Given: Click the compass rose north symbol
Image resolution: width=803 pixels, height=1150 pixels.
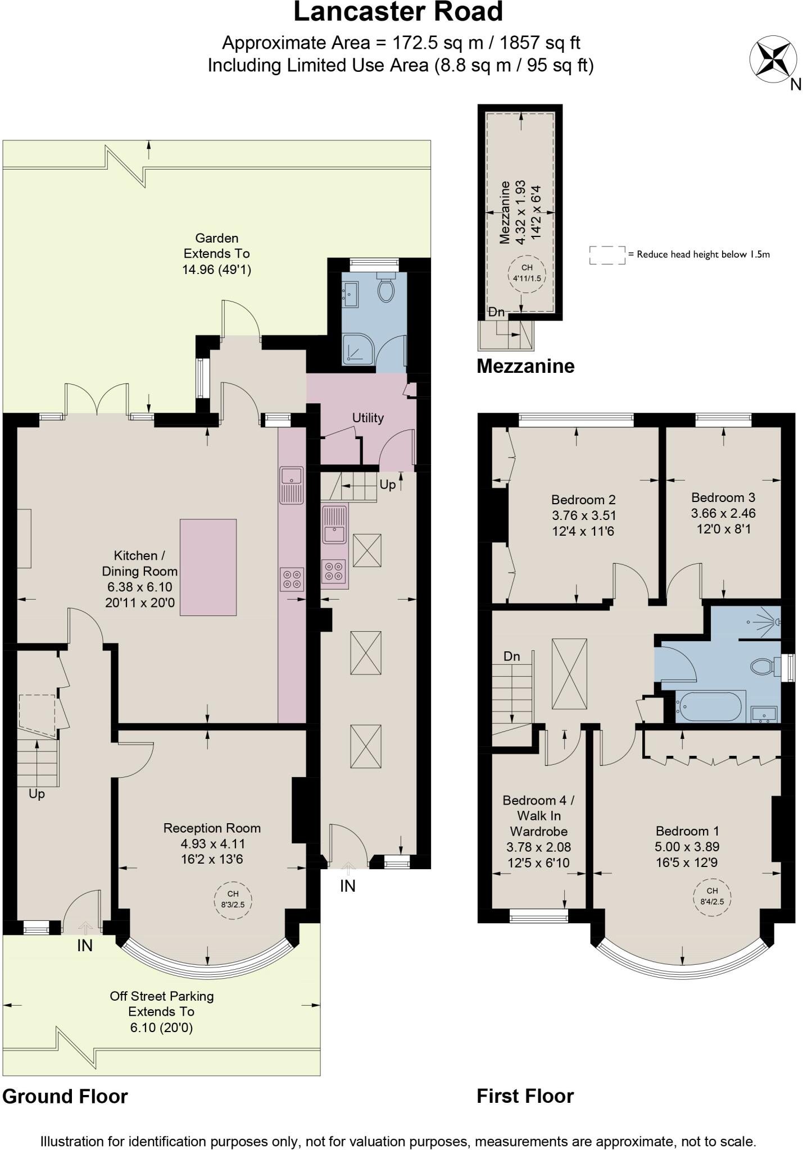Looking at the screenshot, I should (774, 60).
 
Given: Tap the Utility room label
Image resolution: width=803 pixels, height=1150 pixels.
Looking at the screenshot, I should (368, 418).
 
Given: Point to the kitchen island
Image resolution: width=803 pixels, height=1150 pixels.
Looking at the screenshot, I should (208, 567).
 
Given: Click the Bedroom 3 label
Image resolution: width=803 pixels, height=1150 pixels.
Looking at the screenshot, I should (723, 498).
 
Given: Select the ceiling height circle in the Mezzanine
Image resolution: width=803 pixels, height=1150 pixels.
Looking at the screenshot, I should (526, 272).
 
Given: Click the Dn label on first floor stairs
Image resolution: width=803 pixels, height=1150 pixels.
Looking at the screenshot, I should (511, 656).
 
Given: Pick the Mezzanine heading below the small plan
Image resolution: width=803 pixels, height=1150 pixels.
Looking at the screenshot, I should (525, 366).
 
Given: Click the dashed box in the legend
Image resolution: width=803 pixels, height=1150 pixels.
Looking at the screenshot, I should (607, 255).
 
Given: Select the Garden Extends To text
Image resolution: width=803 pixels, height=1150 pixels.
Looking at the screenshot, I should (216, 254).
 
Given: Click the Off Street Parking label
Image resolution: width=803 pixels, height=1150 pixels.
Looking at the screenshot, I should (162, 996).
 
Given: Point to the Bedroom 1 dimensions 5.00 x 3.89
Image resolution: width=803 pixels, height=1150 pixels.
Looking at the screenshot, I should (687, 847).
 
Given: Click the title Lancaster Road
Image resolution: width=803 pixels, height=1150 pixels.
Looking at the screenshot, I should (398, 12).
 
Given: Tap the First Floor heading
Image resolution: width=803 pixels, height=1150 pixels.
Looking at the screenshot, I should (525, 1096).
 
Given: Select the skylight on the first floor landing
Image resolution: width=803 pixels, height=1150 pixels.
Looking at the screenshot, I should (569, 674).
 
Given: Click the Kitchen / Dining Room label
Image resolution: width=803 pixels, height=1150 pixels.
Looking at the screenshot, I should (139, 563).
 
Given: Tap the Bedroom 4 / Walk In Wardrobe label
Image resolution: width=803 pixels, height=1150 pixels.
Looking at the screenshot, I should (538, 815).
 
